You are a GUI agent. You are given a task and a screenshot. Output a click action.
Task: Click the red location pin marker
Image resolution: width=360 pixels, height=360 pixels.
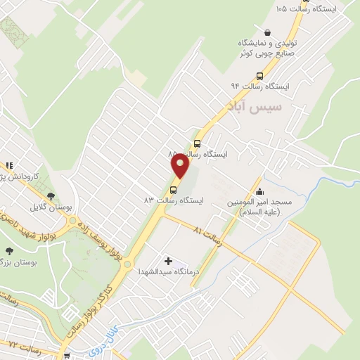click(181, 167)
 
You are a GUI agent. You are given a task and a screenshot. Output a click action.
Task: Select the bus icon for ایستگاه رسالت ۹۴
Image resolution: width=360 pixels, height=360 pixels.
click(260, 76)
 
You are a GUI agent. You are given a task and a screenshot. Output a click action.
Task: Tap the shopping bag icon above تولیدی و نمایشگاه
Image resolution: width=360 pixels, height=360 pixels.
click(267, 32)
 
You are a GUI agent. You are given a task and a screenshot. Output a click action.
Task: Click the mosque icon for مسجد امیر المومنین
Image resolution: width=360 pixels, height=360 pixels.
click(260, 191)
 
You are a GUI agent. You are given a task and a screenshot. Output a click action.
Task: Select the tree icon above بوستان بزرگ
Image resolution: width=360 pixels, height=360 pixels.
click(9, 251)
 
